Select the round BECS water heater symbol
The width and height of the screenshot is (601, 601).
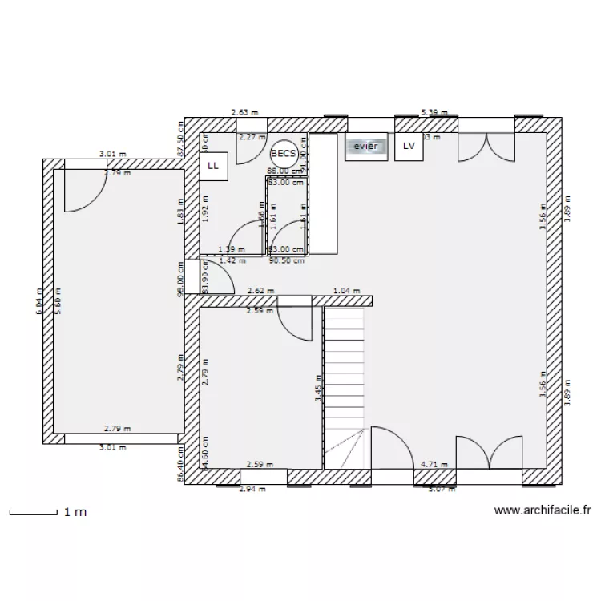coord(283,153)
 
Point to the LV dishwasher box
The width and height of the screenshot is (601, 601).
coord(409,147)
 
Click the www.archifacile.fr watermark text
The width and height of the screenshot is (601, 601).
coord(543,510)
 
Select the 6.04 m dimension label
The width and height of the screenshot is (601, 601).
coord(38,301)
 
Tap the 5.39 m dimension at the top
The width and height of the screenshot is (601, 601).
coord(435,113)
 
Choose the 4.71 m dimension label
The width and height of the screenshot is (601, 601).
coord(433,464)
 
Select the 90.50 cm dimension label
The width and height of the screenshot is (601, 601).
coord(287,260)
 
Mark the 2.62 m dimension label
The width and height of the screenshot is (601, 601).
coord(261,292)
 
